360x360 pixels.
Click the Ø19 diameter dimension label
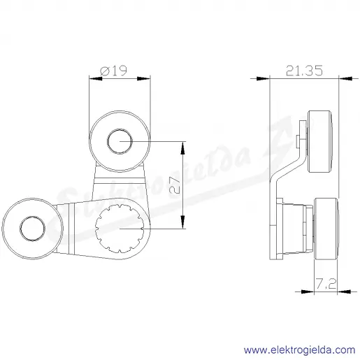pyautogui.click(x=113, y=71)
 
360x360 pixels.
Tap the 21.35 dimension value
pyautogui.click(x=304, y=71)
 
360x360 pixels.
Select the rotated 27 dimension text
pyautogui.click(x=175, y=186)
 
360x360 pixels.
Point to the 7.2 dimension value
pyautogui.click(x=326, y=284)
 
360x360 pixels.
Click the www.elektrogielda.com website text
pyautogui.click(x=300, y=350)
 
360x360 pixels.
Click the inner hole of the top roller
pyautogui.click(x=120, y=141)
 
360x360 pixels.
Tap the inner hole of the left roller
pyautogui.click(x=32, y=229)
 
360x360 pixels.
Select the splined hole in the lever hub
pyautogui.click(x=120, y=229)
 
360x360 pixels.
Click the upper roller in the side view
pyautogui.click(x=320, y=142)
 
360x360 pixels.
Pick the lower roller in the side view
pyautogui.click(x=326, y=229)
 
